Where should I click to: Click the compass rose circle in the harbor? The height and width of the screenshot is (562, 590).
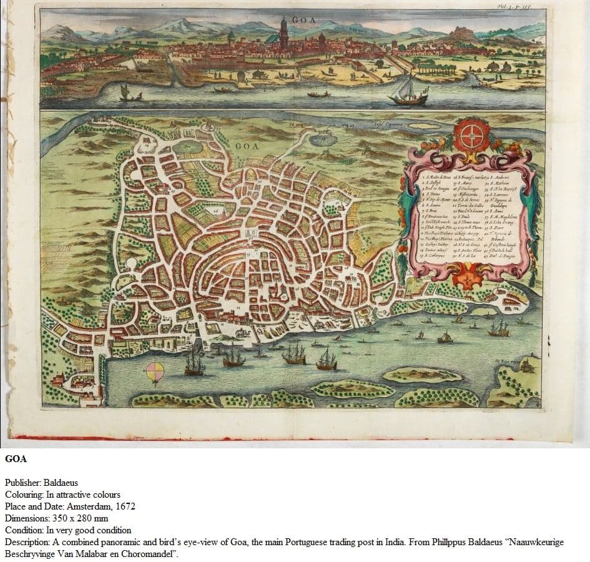[155, 372]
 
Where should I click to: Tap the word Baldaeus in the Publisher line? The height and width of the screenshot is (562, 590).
[61, 483]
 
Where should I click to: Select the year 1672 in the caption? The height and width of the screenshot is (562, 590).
[124, 506]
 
